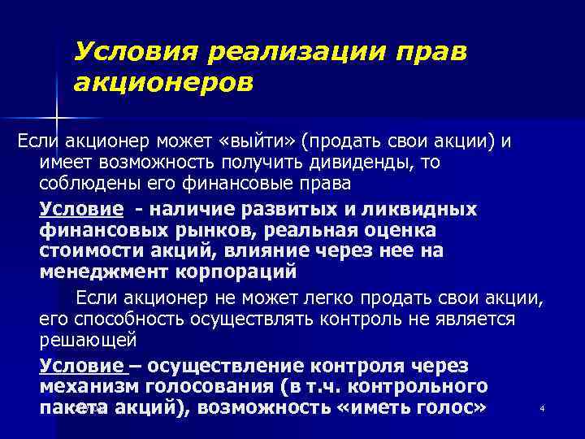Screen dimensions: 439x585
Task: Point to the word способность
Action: (x=120, y=318)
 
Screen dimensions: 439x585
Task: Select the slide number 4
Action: (x=541, y=407)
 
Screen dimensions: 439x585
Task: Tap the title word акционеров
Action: (x=163, y=82)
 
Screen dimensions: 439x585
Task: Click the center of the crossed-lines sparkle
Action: (x=55, y=108)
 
